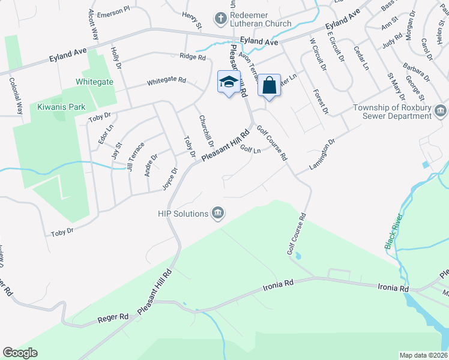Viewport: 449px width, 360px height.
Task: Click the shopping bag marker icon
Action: click(x=270, y=85)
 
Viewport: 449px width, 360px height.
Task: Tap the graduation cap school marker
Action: click(x=228, y=83)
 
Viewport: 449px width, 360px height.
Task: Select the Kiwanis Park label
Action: click(x=61, y=107)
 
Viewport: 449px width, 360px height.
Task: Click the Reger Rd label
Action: click(x=115, y=316)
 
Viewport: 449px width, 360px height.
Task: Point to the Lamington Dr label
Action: click(x=322, y=154)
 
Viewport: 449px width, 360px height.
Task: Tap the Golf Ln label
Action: click(x=250, y=149)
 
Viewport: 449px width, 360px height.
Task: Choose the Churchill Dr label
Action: click(x=206, y=131)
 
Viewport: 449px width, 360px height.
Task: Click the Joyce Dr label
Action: click(x=170, y=179)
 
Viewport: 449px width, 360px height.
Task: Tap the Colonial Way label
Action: click(x=19, y=98)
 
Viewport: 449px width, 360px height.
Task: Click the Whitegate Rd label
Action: click(x=166, y=80)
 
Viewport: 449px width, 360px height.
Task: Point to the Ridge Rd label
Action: click(x=192, y=56)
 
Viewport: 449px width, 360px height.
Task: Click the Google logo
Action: click(x=20, y=353)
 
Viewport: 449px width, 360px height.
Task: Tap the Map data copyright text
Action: click(x=423, y=355)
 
